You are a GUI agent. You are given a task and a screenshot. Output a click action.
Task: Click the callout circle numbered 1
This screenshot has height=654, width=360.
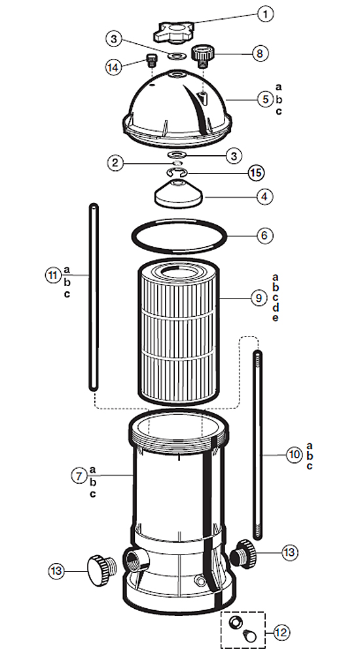[265, 14]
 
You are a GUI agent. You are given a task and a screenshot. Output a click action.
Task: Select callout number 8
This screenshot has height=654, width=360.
[260, 54]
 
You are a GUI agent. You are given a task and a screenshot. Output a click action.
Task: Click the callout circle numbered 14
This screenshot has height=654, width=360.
[113, 67]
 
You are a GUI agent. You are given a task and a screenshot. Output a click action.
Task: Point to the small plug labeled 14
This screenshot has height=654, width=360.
[151, 61]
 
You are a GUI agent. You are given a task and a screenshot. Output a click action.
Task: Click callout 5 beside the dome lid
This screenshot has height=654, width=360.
[266, 100]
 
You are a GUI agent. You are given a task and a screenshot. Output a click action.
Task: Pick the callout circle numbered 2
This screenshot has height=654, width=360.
[115, 162]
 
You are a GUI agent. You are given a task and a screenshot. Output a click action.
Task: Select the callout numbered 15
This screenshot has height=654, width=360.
[256, 172]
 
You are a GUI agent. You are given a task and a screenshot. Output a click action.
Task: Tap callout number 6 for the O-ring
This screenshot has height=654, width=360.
[264, 235]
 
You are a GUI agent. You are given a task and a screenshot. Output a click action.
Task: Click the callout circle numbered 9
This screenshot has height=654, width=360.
[259, 298]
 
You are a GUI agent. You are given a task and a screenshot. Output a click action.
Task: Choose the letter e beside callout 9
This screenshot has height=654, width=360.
[276, 318]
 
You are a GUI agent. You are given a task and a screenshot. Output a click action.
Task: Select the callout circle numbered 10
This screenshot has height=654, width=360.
[295, 454]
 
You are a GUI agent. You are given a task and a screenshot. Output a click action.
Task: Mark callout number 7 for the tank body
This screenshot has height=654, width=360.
[79, 475]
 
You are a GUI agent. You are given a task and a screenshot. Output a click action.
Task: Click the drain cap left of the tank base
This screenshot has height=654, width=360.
[101, 570]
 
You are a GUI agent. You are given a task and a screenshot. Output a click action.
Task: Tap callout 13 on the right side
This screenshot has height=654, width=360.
[289, 553]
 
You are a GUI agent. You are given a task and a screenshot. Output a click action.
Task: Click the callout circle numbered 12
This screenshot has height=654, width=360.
[281, 632]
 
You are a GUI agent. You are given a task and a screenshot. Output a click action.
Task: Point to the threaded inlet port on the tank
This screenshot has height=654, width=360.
[136, 560]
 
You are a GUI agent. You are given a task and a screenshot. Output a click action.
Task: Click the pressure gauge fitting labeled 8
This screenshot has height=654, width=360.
[202, 56]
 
